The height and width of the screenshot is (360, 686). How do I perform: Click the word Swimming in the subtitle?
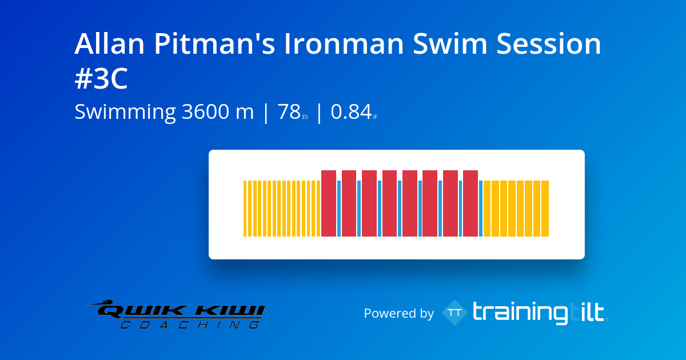coord(125,113)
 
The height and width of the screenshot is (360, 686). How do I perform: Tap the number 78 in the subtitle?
coord(289,113)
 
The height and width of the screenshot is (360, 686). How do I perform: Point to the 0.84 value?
coord(352,113)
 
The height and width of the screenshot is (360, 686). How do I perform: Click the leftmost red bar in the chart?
coord(329,203)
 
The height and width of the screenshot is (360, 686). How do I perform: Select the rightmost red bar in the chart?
coord(470,203)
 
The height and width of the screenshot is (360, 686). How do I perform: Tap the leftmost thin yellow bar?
coord(245,209)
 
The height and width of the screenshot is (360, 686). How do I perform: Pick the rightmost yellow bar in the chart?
coord(545,209)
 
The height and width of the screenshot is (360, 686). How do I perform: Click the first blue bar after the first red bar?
coord(339,209)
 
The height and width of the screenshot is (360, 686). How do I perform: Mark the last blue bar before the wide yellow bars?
coord(481,209)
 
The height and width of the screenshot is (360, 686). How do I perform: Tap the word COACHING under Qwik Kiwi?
coord(189,325)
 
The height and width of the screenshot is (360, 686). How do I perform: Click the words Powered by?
coord(398,314)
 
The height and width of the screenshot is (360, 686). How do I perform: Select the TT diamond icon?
coord(454,313)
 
